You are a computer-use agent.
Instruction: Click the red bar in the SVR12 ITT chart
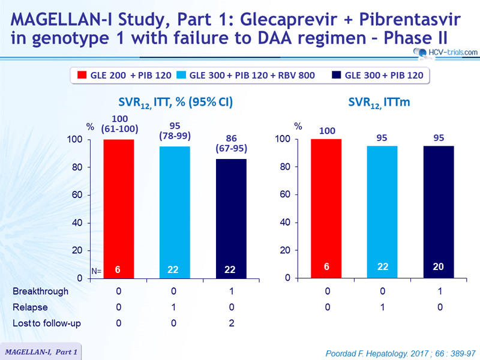pyautogui.click(x=118, y=209)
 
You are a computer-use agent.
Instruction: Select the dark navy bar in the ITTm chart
pyautogui.click(x=439, y=212)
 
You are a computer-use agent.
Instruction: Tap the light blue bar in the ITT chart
pyautogui.click(x=175, y=212)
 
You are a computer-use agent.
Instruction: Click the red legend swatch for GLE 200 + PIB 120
pyautogui.click(x=82, y=75)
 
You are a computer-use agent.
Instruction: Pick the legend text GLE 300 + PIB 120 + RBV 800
pyautogui.click(x=252, y=76)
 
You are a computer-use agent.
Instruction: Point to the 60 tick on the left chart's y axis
pyautogui.click(x=77, y=194)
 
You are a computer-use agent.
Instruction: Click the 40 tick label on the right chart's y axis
pyautogui.click(x=285, y=222)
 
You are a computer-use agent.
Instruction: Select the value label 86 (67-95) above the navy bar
pyautogui.click(x=231, y=143)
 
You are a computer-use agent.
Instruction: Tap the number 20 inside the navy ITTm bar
pyautogui.click(x=438, y=266)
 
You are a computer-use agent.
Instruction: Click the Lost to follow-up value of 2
pyautogui.click(x=232, y=323)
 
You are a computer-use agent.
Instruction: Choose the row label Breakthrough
pyautogui.click(x=40, y=291)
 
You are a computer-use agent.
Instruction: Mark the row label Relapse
pyautogui.click(x=30, y=307)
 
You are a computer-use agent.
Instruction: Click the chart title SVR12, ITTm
pyautogui.click(x=379, y=102)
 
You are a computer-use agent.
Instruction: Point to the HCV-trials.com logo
pyautogui.click(x=445, y=52)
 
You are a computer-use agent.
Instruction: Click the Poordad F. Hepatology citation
pyautogui.click(x=400, y=353)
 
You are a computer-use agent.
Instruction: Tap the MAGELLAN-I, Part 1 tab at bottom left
pyautogui.click(x=41, y=352)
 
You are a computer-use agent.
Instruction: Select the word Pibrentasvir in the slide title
pyautogui.click(x=410, y=20)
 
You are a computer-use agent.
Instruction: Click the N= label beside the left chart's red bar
pyautogui.click(x=97, y=271)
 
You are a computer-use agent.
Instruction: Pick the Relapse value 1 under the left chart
pyautogui.click(x=173, y=307)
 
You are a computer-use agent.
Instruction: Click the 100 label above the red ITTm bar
pyautogui.click(x=327, y=131)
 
